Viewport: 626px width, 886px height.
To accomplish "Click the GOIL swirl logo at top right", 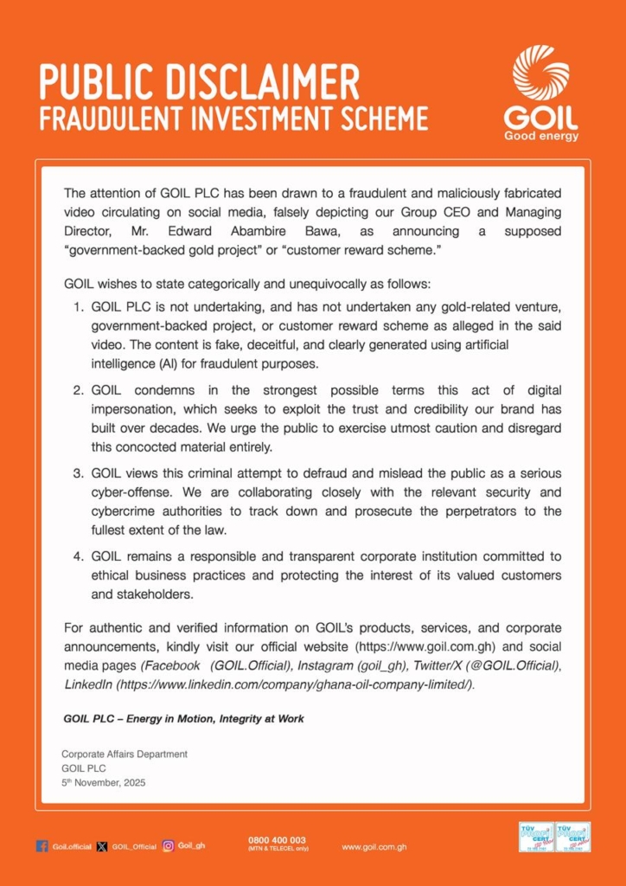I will (x=540, y=73).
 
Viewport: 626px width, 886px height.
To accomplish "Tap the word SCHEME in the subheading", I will (x=381, y=119).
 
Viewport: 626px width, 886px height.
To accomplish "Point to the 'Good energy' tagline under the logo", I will (x=541, y=136).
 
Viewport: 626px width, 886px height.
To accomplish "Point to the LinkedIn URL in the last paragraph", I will (x=295, y=684).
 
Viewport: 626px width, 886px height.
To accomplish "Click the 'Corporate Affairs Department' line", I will (x=125, y=754).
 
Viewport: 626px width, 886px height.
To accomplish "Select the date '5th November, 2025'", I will (x=104, y=783).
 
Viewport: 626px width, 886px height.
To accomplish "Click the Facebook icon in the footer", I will (x=42, y=846).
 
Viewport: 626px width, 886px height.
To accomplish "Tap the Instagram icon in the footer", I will (x=169, y=846).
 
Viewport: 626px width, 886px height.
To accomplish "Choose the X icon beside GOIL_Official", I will (x=102, y=846).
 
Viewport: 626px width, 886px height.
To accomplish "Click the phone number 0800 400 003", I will (x=277, y=840).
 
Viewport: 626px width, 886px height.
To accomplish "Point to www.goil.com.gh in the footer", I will (x=375, y=846).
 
